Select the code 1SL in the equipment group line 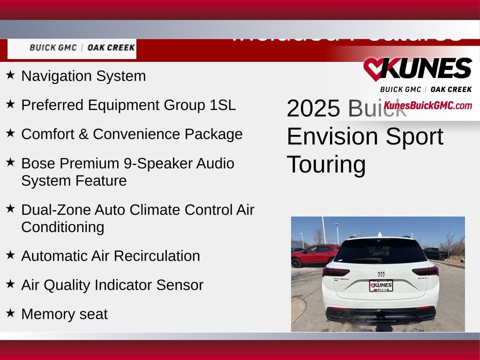click(223, 105)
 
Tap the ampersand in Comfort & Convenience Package click(83, 134)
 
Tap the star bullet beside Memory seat click(10, 312)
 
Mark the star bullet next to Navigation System click(10, 75)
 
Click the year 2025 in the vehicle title click(313, 109)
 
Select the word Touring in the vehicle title click(326, 164)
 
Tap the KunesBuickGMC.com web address click(427, 105)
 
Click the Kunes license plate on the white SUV click(381, 285)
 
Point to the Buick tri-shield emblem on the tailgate click(381, 274)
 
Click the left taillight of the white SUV click(335, 271)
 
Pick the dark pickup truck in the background click(435, 254)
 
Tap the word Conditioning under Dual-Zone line click(62, 227)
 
